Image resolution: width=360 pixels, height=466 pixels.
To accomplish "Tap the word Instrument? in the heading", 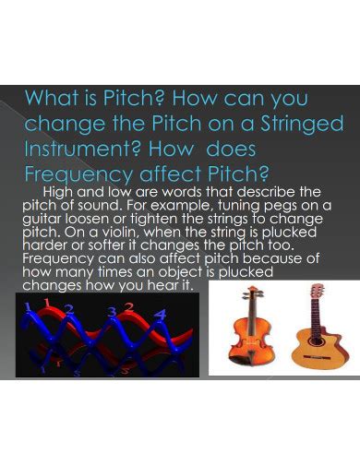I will click(x=80, y=149).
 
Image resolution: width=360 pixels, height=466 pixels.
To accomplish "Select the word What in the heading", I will click(x=51, y=98).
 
